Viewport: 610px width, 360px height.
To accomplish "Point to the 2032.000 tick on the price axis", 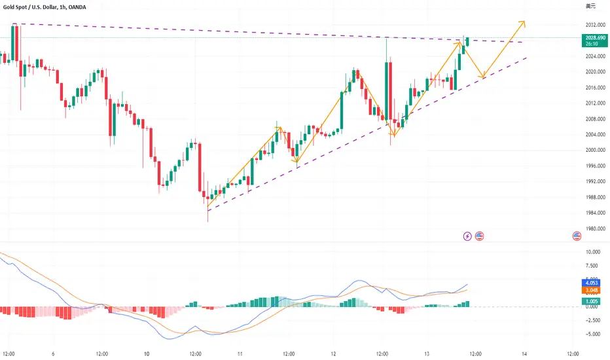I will pyautogui.click(x=594, y=25).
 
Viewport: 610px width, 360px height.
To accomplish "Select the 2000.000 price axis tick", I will pyautogui.click(x=594, y=150).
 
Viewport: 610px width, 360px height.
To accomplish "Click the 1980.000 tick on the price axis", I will pyautogui.click(x=594, y=228).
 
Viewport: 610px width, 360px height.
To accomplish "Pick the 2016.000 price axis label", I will pyautogui.click(x=594, y=88).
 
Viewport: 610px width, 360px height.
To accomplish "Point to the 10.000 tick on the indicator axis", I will pyautogui.click(x=593, y=252).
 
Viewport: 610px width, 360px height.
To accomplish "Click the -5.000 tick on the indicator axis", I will pyautogui.click(x=593, y=334).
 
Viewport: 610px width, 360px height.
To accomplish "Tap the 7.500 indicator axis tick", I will pyautogui.click(x=594, y=266).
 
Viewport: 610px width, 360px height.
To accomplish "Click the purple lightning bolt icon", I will pyautogui.click(x=468, y=236).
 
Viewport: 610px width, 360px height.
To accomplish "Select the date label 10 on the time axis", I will pyautogui.click(x=147, y=353).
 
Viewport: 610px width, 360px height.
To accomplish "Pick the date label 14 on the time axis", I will pyautogui.click(x=525, y=353).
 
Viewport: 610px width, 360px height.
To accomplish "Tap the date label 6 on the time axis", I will pyautogui.click(x=52, y=353).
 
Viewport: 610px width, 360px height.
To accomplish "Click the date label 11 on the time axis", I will pyautogui.click(x=242, y=353).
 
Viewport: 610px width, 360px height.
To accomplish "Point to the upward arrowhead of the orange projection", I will pyautogui.click(x=524, y=23).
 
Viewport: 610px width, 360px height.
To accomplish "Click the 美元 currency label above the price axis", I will pyautogui.click(x=590, y=6).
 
